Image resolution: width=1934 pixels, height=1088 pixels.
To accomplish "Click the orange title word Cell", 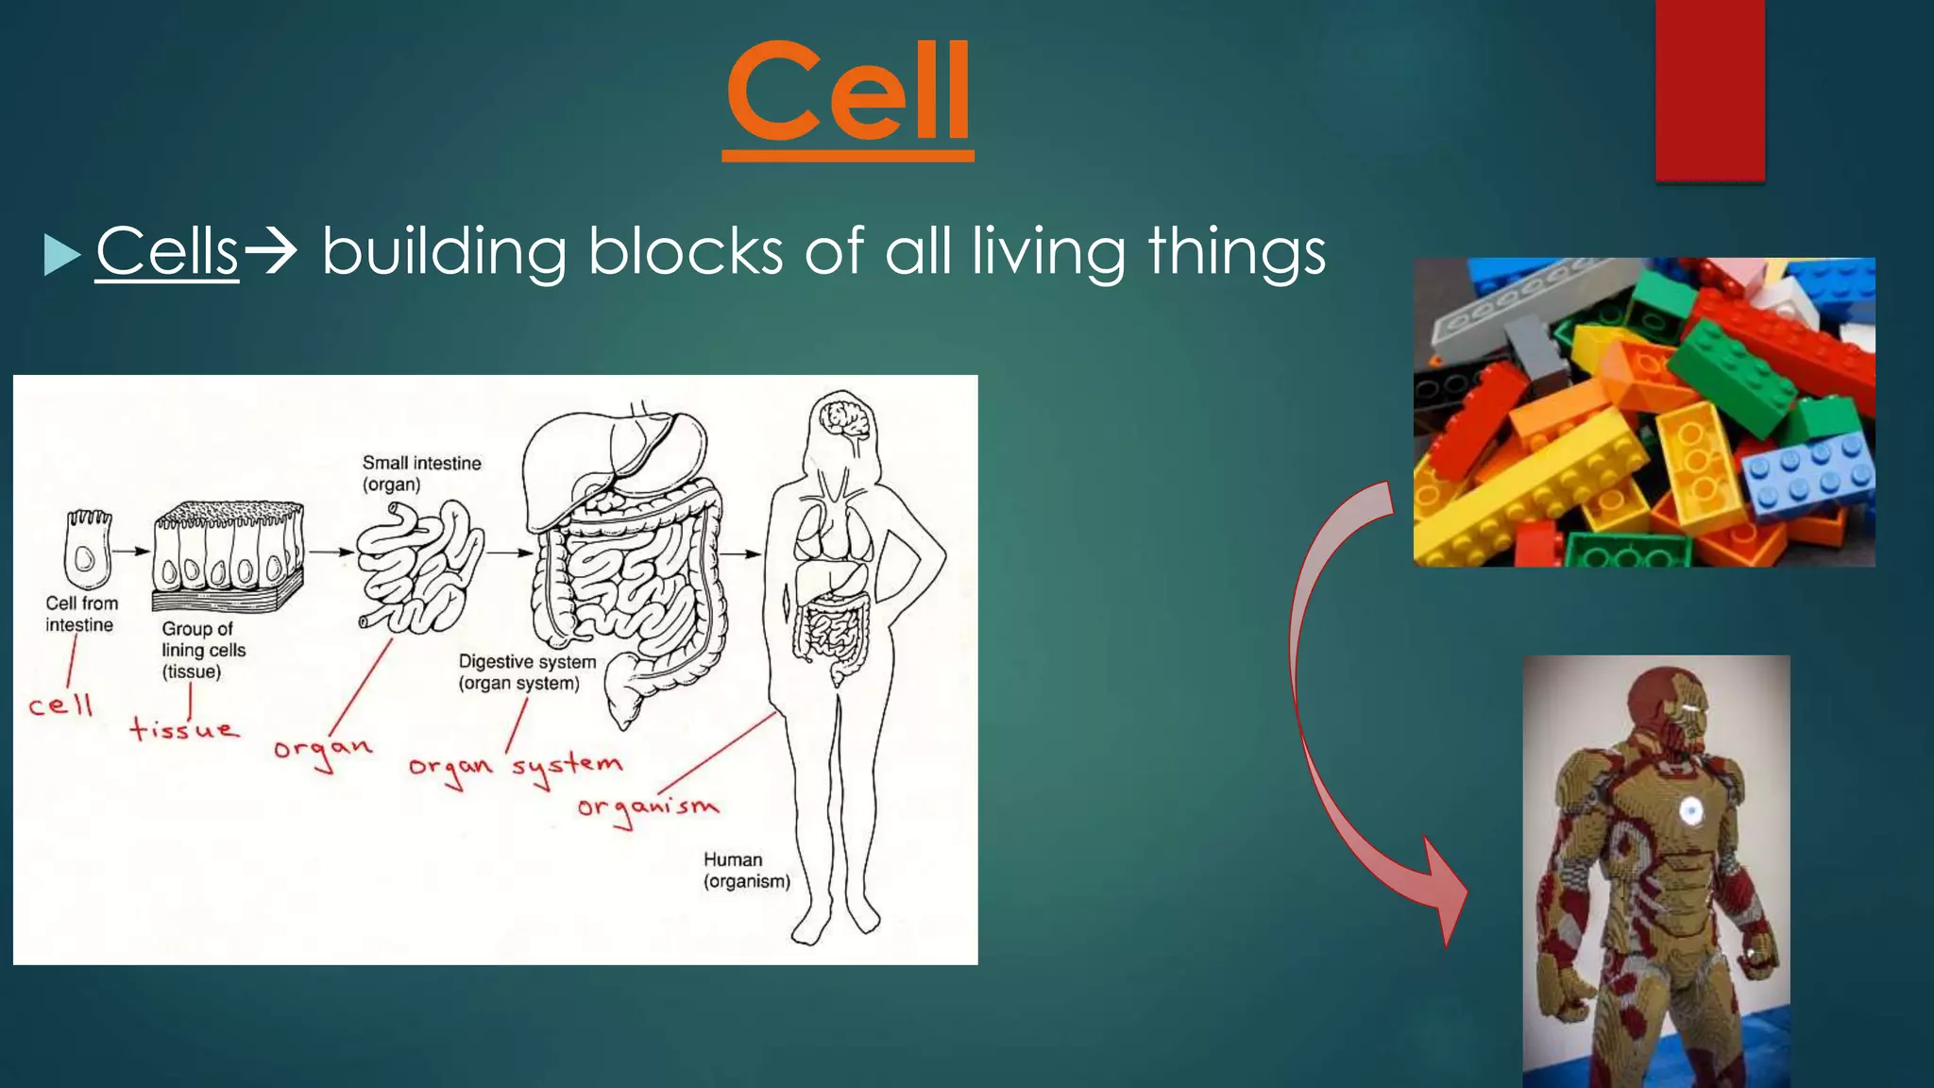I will (848, 93).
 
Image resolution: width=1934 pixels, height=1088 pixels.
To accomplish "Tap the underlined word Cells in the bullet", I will (167, 252).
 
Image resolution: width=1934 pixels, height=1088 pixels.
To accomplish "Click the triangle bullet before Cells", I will (61, 255).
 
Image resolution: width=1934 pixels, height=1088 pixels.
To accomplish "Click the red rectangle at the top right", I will (1709, 90).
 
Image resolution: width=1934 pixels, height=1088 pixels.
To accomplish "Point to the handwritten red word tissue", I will (184, 729).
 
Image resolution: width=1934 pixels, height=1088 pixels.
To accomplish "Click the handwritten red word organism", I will (648, 808).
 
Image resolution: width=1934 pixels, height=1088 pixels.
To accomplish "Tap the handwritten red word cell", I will (60, 705).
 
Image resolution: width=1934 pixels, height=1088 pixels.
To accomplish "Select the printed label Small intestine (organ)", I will (421, 473).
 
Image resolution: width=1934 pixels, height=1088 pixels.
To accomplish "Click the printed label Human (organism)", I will (745, 870).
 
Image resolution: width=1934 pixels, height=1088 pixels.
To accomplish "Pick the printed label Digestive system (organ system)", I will (527, 672).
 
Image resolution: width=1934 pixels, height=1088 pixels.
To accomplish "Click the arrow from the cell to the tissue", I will (132, 552).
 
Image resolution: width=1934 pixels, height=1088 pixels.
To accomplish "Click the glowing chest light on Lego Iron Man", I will (1689, 809).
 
